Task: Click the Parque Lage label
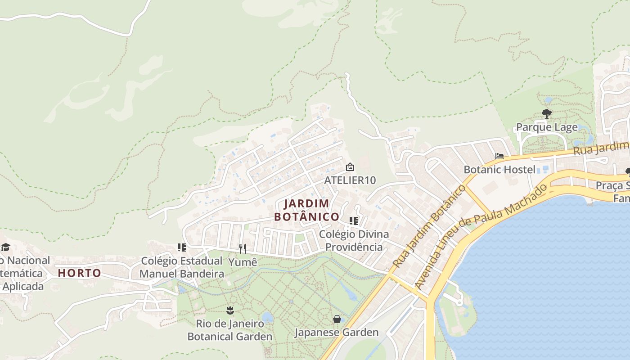[547, 127]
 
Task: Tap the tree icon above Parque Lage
[547, 113]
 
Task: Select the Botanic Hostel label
[499, 170]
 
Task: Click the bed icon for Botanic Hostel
[499, 157]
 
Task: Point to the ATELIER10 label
[350, 180]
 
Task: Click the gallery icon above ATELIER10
[350, 167]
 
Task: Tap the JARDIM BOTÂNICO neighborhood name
[307, 210]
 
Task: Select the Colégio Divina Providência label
[354, 241]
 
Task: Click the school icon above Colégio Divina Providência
[354, 221]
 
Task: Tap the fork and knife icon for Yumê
[243, 249]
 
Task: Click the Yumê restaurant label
[243, 262]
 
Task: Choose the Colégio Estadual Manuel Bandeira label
[182, 267]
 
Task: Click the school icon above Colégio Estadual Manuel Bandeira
[182, 247]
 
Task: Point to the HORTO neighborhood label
[80, 273]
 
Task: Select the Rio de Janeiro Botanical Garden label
[230, 330]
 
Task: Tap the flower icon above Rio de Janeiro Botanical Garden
[230, 310]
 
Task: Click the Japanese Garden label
[337, 333]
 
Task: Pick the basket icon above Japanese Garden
[337, 319]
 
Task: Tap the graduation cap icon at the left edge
[5, 247]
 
